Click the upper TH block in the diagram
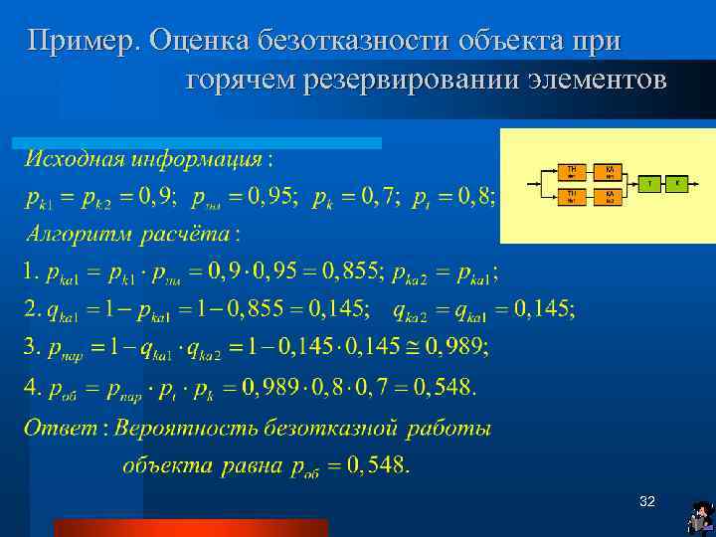tap(572, 172)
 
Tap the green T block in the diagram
tap(650, 184)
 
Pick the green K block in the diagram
tap(677, 184)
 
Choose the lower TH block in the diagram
tap(572, 196)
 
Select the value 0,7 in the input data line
tap(376, 197)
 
